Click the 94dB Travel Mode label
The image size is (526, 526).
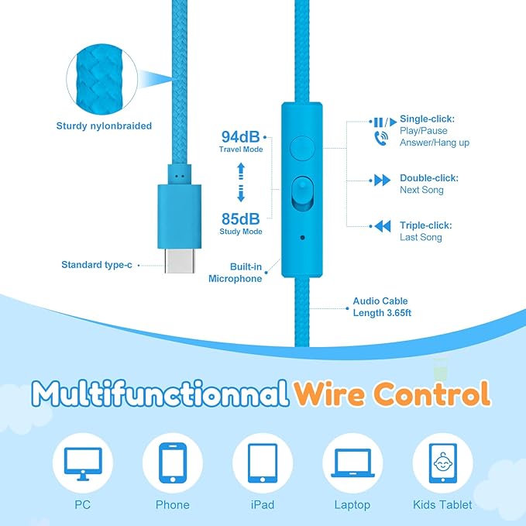(x=241, y=141)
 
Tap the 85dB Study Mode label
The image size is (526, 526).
(x=241, y=223)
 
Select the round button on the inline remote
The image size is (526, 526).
(x=302, y=148)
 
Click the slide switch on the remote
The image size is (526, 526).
(x=302, y=194)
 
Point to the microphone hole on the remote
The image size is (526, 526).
(x=303, y=238)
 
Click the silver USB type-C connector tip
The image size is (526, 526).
(x=180, y=261)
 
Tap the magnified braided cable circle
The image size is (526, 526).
(x=102, y=79)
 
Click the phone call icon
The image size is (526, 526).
(x=381, y=138)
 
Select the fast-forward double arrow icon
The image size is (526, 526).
(x=382, y=180)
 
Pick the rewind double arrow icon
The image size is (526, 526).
(x=383, y=226)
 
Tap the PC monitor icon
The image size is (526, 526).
(x=83, y=463)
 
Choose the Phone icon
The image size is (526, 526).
(x=173, y=463)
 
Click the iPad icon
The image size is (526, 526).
(x=263, y=463)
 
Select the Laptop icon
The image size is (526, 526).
(x=352, y=463)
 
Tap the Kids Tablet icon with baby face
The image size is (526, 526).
(x=443, y=463)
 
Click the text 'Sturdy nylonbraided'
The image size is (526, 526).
(x=104, y=125)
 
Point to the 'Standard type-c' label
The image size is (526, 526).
(x=97, y=265)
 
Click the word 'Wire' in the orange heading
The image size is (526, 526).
(x=329, y=393)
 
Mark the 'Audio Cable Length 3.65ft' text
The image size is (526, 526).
(x=382, y=307)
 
